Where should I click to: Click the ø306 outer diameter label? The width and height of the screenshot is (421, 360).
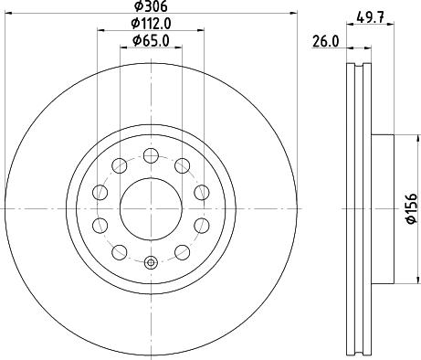151,6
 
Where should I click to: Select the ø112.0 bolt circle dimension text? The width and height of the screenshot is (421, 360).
151,24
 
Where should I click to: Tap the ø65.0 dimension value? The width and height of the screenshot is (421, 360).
151,41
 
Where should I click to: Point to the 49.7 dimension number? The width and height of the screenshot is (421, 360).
370,17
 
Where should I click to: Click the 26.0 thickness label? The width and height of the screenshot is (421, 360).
325,41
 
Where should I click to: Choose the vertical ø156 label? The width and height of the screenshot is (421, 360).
412,208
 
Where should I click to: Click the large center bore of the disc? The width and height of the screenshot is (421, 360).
151,208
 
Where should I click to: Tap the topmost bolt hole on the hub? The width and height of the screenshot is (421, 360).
151,155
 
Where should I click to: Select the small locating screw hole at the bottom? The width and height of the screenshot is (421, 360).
151,262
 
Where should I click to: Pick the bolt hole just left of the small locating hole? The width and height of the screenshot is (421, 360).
120,252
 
